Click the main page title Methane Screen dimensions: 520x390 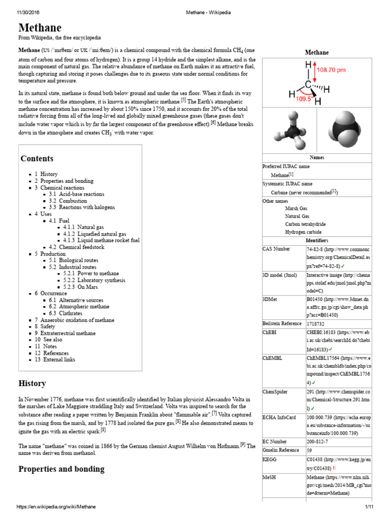pyautogui.click(x=40, y=27)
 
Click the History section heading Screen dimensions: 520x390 pyautogui.click(x=32, y=383)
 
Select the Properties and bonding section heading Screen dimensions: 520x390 pyautogui.click(x=61, y=469)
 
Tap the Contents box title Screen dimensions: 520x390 pyautogui.click(x=37, y=158)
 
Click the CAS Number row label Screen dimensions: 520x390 pyautogui.click(x=276, y=249)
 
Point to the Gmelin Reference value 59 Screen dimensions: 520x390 pyautogui.click(x=310, y=450)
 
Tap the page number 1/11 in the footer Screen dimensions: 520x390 pyautogui.click(x=369, y=507)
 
